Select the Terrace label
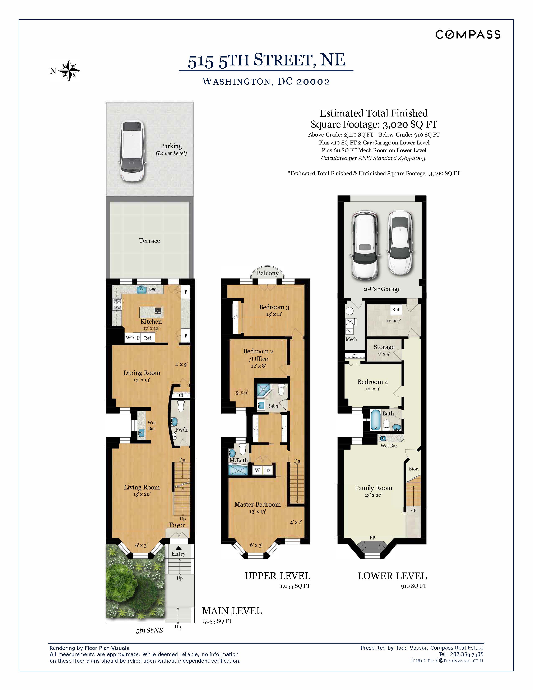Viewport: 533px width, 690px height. click(x=149, y=241)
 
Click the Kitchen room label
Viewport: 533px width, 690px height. click(x=151, y=322)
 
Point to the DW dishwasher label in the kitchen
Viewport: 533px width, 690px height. click(x=152, y=289)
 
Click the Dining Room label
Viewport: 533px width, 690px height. click(x=142, y=373)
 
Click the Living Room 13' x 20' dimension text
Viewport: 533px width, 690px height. click(x=142, y=494)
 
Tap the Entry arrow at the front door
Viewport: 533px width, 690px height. click(x=179, y=548)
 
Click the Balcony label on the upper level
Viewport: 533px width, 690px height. click(x=268, y=273)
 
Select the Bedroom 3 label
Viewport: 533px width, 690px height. click(x=274, y=307)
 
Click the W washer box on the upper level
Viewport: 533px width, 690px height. click(x=257, y=470)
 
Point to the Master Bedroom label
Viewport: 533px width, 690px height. click(x=257, y=505)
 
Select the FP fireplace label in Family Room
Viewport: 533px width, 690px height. click(x=372, y=538)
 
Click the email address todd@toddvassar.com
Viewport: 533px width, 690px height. click(x=455, y=661)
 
